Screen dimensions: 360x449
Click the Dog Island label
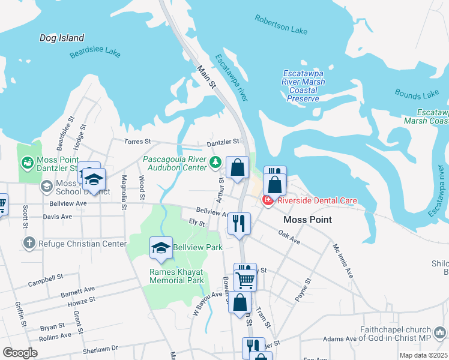[x=62, y=38]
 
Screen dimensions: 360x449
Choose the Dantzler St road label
[x=223, y=142]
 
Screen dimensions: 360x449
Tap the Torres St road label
[x=139, y=142]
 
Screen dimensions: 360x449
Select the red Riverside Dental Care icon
[x=267, y=200]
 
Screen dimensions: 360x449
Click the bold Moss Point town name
[x=307, y=220]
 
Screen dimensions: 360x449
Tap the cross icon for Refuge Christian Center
[x=28, y=244]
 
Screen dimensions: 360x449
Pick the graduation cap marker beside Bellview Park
[x=161, y=248]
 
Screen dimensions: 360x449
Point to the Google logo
[x=20, y=353]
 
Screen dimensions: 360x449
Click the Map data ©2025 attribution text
[x=423, y=355]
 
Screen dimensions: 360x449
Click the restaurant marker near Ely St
[x=239, y=223]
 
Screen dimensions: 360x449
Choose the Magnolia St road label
[x=123, y=192]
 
